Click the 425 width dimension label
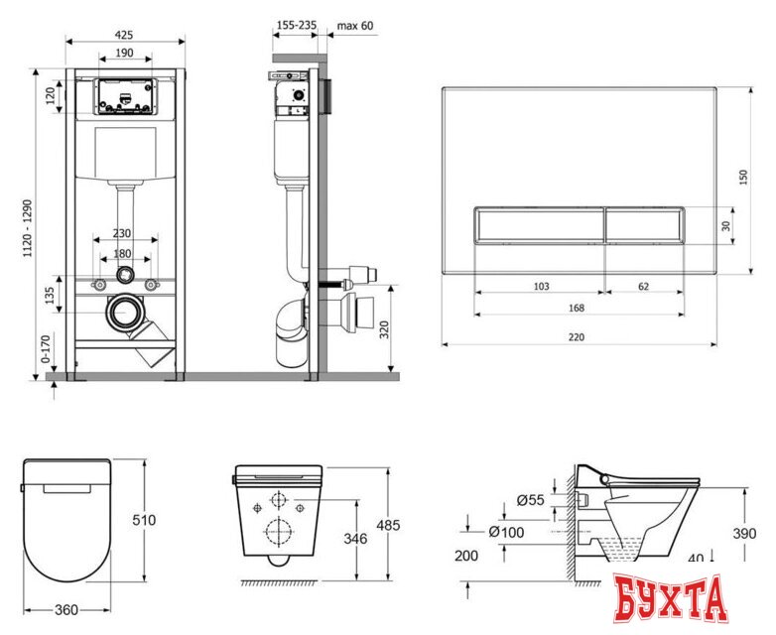pyautogui.click(x=124, y=35)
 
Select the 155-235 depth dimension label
pyautogui.click(x=297, y=25)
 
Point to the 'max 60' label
pyautogui.click(x=355, y=25)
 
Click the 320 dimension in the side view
pyautogui.click(x=384, y=329)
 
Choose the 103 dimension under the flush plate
pyautogui.click(x=542, y=286)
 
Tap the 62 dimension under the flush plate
pyautogui.click(x=643, y=286)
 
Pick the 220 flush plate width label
pyautogui.click(x=577, y=337)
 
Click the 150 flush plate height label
pyautogui.click(x=743, y=178)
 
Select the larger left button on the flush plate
pyautogui.click(x=540, y=224)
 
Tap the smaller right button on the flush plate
pyautogui.click(x=644, y=224)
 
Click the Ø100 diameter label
pyautogui.click(x=506, y=532)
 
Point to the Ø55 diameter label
pyautogui.click(x=531, y=500)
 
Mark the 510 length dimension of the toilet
pyautogui.click(x=144, y=520)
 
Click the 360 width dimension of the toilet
pyautogui.click(x=66, y=610)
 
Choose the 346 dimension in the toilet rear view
pyautogui.click(x=355, y=538)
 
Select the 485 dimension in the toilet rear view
pyautogui.click(x=388, y=525)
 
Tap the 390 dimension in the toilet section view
pyautogui.click(x=744, y=533)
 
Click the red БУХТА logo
pyautogui.click(x=671, y=599)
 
